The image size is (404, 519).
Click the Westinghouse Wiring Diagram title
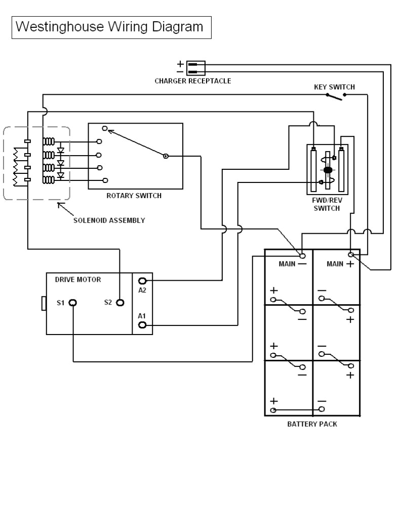click(110, 26)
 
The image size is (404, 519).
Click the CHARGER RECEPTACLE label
click(192, 81)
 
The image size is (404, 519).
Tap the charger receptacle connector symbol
click(195, 67)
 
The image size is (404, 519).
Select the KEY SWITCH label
click(334, 87)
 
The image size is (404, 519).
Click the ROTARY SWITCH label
click(134, 196)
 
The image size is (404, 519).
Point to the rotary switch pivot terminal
click(166, 157)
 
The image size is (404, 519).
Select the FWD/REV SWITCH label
click(327, 204)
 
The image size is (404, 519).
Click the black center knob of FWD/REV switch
click(328, 170)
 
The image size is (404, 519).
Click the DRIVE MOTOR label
click(74, 279)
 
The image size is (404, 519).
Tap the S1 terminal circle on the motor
click(73, 303)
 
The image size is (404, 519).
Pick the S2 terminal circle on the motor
click(120, 303)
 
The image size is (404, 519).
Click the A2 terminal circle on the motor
click(143, 281)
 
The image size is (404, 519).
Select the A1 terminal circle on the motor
click(143, 325)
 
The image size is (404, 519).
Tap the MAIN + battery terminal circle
click(350, 254)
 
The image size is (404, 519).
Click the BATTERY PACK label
click(312, 424)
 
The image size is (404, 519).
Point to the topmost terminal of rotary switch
click(104, 128)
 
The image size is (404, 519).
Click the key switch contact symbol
click(335, 96)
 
